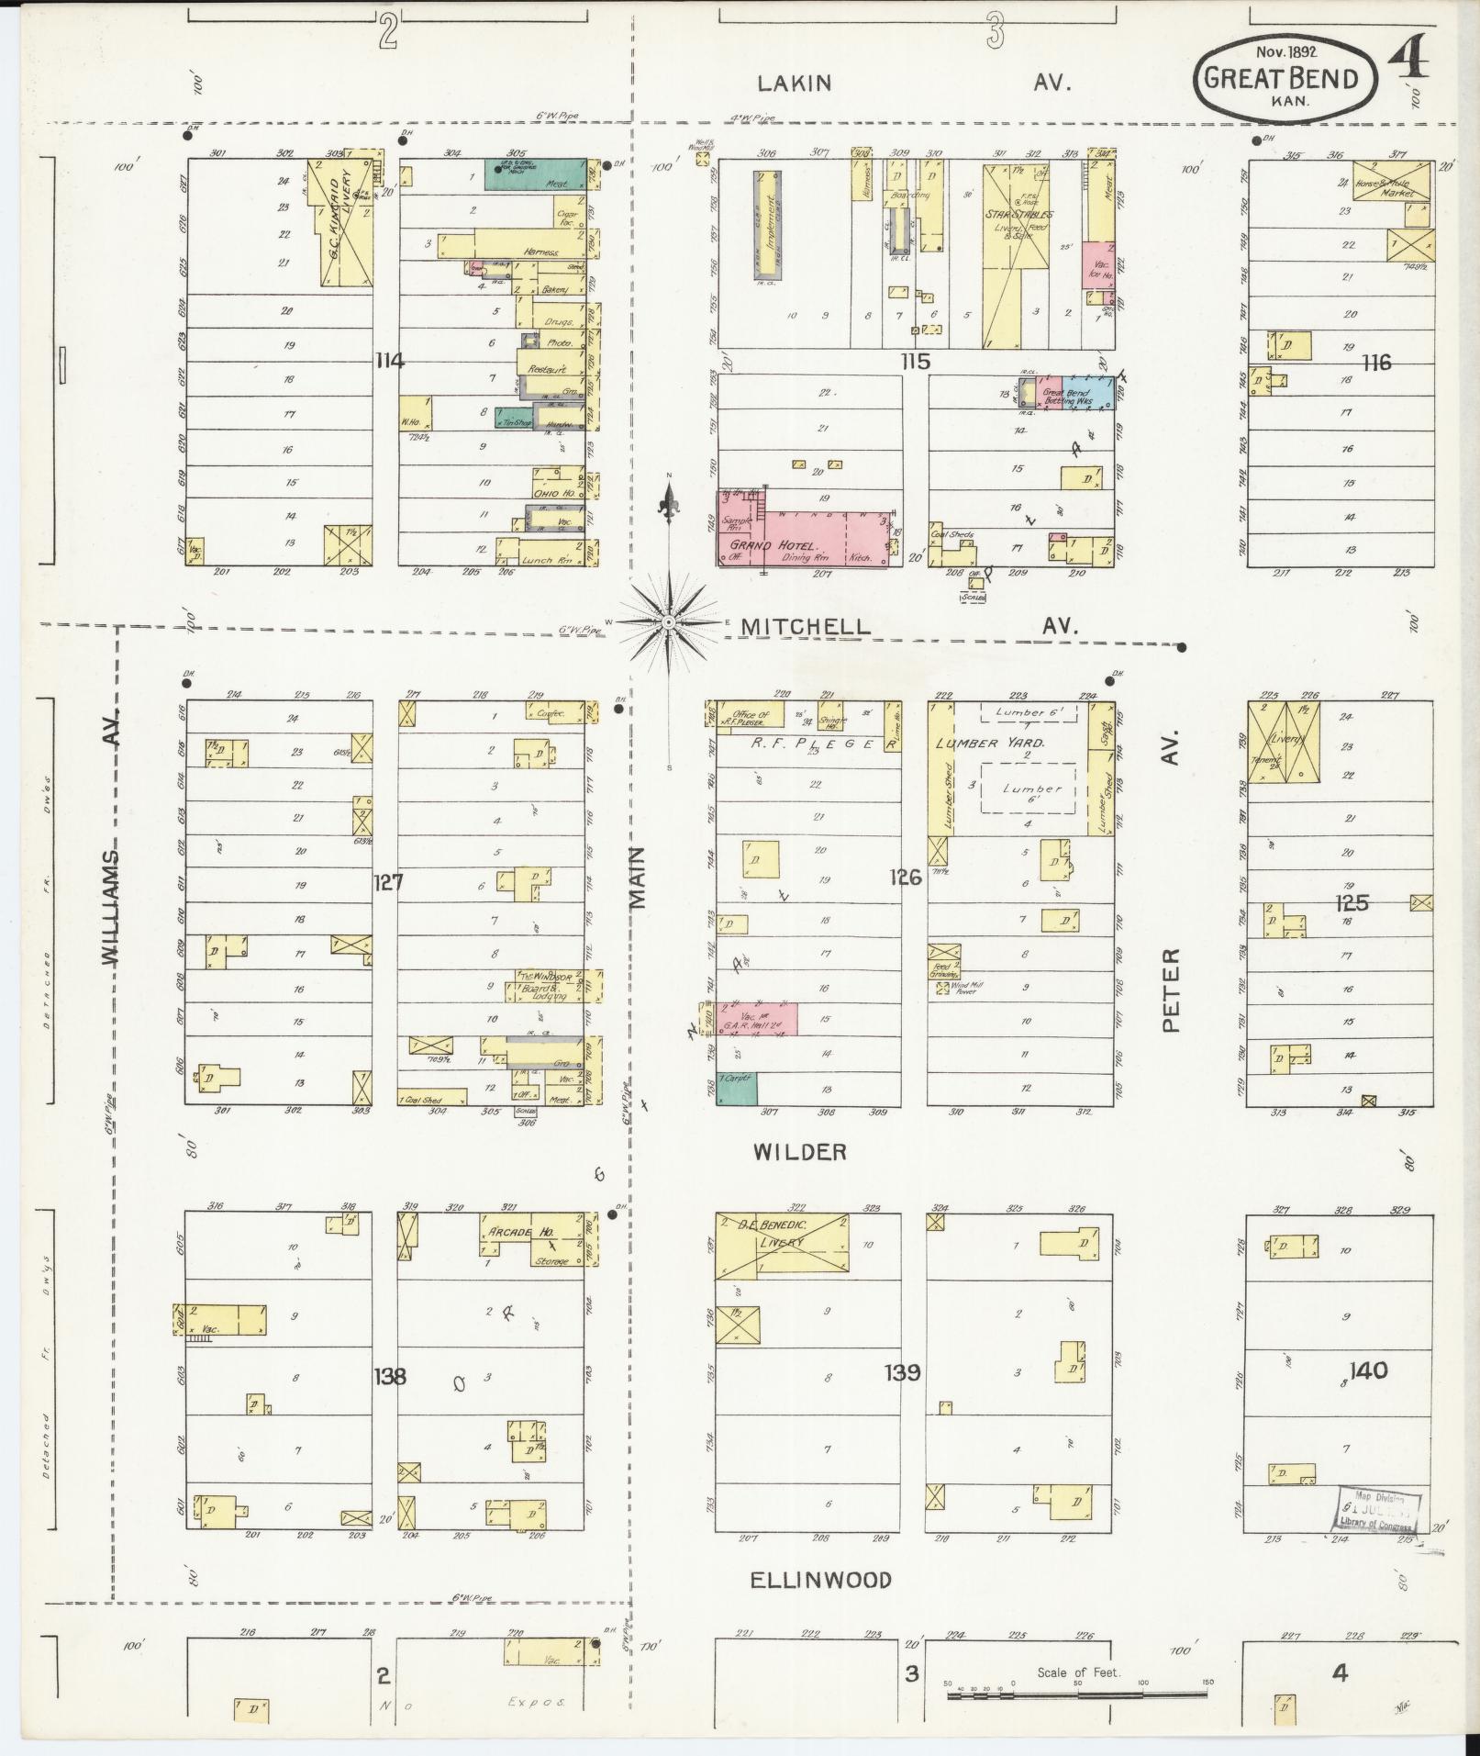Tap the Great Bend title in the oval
tap(1280, 79)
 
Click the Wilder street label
tap(799, 1152)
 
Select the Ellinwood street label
tap(820, 1580)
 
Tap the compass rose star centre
tap(670, 623)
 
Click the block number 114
tap(389, 361)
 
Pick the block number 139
tap(902, 1372)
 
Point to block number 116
tap(1376, 363)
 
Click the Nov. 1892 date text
tap(1282, 52)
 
